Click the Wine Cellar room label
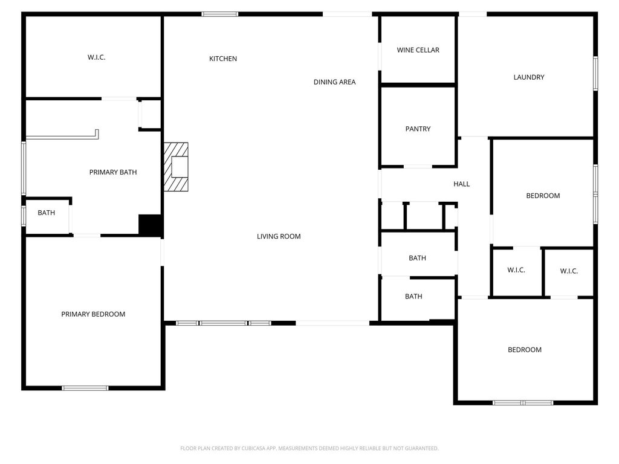coord(418,50)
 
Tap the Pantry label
coord(418,129)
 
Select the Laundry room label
coord(528,77)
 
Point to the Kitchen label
coord(223,59)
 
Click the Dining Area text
coord(334,82)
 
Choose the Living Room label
coord(279,236)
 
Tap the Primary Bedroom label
coord(93,314)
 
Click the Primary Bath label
coord(113,172)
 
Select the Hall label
coord(461,184)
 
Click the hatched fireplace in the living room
coord(176,167)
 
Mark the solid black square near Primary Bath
coord(150,225)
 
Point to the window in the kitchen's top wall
coord(220,14)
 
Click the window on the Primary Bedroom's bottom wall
coord(85,388)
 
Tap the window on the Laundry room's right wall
coord(595,73)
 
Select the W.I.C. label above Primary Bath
coord(96,57)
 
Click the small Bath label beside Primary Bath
coord(46,213)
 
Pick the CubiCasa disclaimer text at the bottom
coord(309,448)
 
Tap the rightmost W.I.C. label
coord(569,271)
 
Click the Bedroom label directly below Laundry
coord(543,196)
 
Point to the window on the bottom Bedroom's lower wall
coord(523,402)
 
